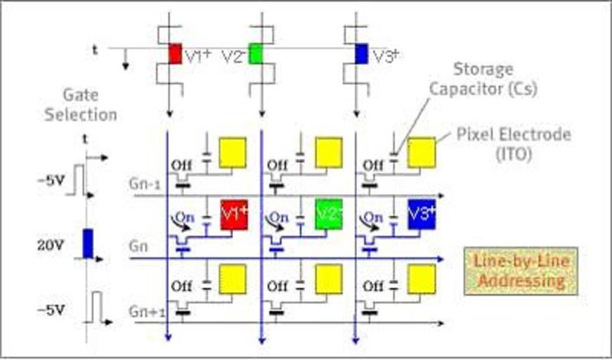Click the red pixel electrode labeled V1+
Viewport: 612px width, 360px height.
234,214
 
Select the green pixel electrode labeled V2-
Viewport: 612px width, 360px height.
328,214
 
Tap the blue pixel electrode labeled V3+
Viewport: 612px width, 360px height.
422,214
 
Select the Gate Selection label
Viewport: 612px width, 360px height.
81,104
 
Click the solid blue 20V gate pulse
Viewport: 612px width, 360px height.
88,243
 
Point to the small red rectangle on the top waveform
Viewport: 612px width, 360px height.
175,53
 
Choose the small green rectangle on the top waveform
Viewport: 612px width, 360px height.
255,53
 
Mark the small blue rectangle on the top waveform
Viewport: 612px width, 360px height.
361,53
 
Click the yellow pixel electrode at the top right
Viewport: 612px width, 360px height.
422,153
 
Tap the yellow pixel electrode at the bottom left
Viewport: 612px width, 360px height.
233,274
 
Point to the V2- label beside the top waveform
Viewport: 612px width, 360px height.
233,56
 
